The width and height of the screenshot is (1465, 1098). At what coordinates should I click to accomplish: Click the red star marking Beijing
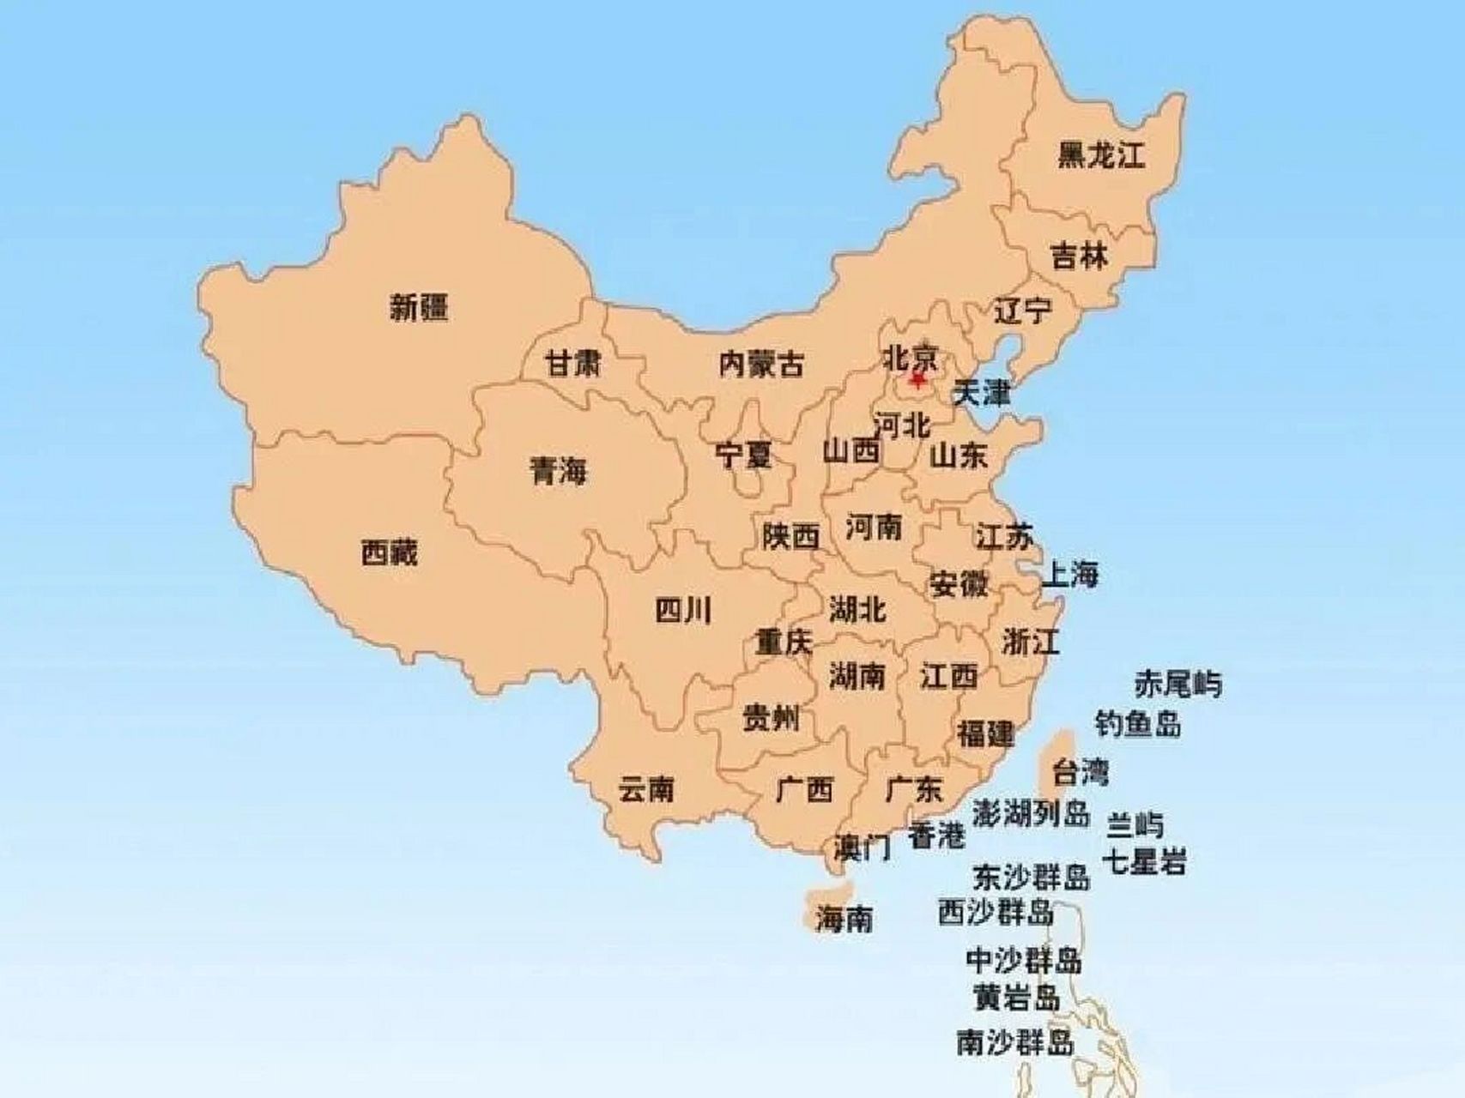(x=918, y=378)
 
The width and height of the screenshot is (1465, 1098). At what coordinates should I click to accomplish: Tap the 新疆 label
(x=419, y=306)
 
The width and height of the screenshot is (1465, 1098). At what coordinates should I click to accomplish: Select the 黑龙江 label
(x=1101, y=155)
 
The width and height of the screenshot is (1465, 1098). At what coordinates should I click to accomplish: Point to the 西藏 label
(x=389, y=553)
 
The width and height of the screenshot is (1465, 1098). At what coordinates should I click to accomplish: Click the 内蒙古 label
(x=761, y=365)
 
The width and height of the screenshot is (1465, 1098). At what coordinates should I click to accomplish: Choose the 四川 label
(x=683, y=611)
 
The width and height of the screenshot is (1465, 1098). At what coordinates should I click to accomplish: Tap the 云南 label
(x=646, y=788)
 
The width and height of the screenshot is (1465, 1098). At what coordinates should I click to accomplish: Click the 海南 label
(x=844, y=920)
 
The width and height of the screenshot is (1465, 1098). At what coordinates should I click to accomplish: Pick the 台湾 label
(x=1080, y=772)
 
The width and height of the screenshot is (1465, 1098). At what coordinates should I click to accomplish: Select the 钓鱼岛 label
(x=1137, y=724)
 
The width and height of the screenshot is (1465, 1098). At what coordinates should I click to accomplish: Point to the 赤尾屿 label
(x=1177, y=684)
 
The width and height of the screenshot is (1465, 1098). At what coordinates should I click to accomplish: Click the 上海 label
(x=1069, y=574)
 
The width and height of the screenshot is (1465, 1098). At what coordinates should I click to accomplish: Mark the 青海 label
(x=558, y=470)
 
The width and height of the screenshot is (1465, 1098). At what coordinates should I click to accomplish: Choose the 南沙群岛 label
(x=1014, y=1042)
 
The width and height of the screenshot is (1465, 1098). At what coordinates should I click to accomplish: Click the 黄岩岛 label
(x=1016, y=998)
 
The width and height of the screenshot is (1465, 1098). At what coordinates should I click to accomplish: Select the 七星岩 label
(x=1145, y=861)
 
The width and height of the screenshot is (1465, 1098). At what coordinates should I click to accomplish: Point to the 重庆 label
(x=783, y=642)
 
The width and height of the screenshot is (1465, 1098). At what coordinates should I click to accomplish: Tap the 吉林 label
(x=1080, y=256)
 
